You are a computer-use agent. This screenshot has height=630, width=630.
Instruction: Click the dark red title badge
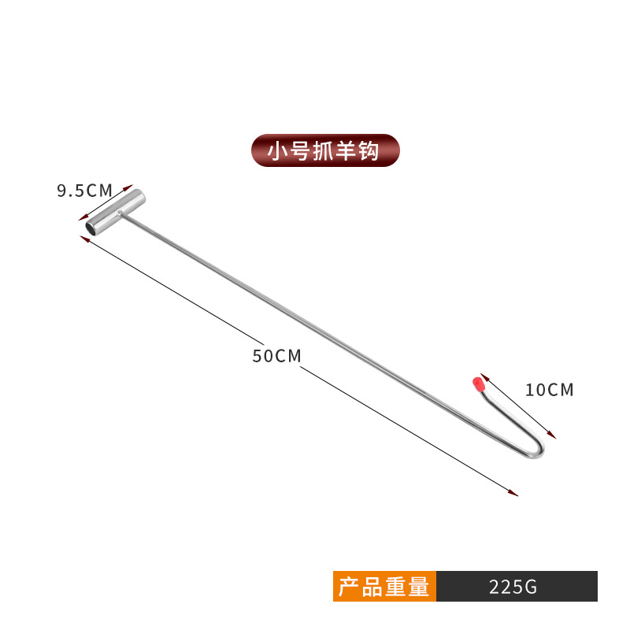point(325,150)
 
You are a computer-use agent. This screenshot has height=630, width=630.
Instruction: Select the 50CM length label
point(276,355)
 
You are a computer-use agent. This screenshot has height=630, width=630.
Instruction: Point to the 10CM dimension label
point(550,389)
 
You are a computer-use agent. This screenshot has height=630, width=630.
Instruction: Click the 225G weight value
point(513,587)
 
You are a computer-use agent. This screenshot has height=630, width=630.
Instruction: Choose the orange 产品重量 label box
point(384,587)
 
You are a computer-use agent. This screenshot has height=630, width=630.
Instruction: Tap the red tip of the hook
point(476,385)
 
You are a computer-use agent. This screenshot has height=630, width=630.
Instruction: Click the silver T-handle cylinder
point(115,212)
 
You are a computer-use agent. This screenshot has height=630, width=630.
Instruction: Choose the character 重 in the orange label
point(398,587)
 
